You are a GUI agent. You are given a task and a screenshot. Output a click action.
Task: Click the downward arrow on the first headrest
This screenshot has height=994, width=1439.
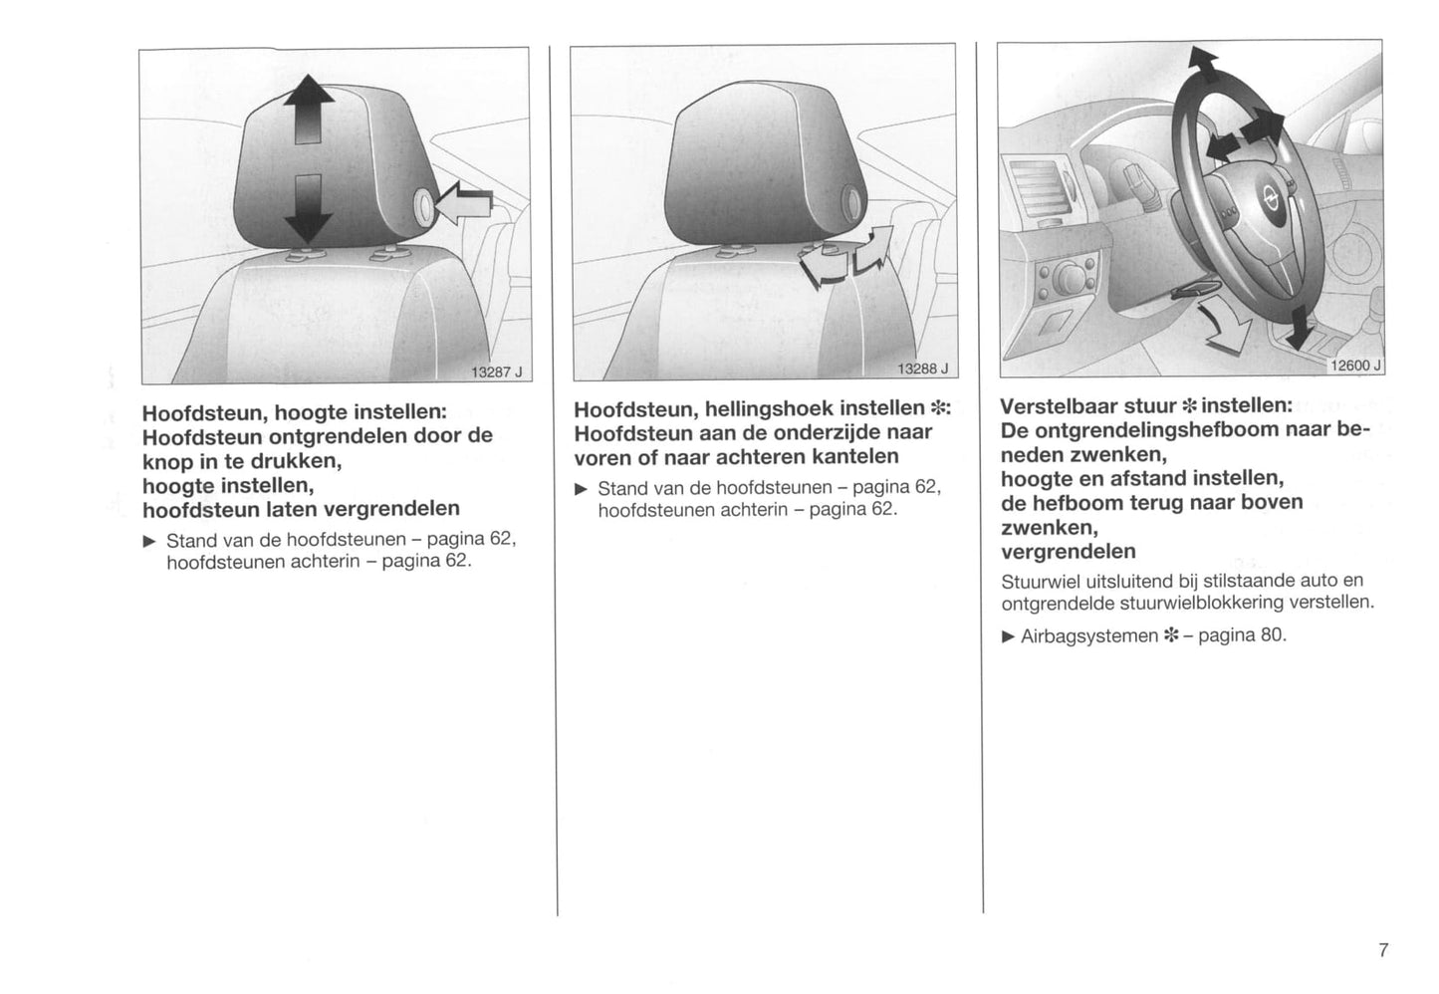(x=309, y=209)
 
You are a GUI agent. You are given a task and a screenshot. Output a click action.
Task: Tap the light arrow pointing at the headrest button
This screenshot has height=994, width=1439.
(x=464, y=203)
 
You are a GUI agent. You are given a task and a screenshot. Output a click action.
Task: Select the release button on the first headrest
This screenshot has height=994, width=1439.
(x=424, y=207)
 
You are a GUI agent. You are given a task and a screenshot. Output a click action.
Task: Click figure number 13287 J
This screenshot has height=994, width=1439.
(x=497, y=373)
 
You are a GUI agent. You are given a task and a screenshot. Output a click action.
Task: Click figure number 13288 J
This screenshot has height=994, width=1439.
(x=922, y=369)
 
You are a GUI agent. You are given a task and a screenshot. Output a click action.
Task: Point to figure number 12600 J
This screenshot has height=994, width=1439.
(x=1355, y=366)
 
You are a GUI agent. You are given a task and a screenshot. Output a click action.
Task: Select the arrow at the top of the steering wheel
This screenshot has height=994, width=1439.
(x=1203, y=64)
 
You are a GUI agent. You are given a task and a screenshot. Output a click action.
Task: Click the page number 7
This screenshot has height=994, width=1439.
(x=1383, y=949)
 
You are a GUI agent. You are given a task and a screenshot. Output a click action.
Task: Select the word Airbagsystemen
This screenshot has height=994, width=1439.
(x=1089, y=636)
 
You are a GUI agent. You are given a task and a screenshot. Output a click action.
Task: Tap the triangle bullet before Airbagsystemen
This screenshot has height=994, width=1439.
(x=1008, y=636)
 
